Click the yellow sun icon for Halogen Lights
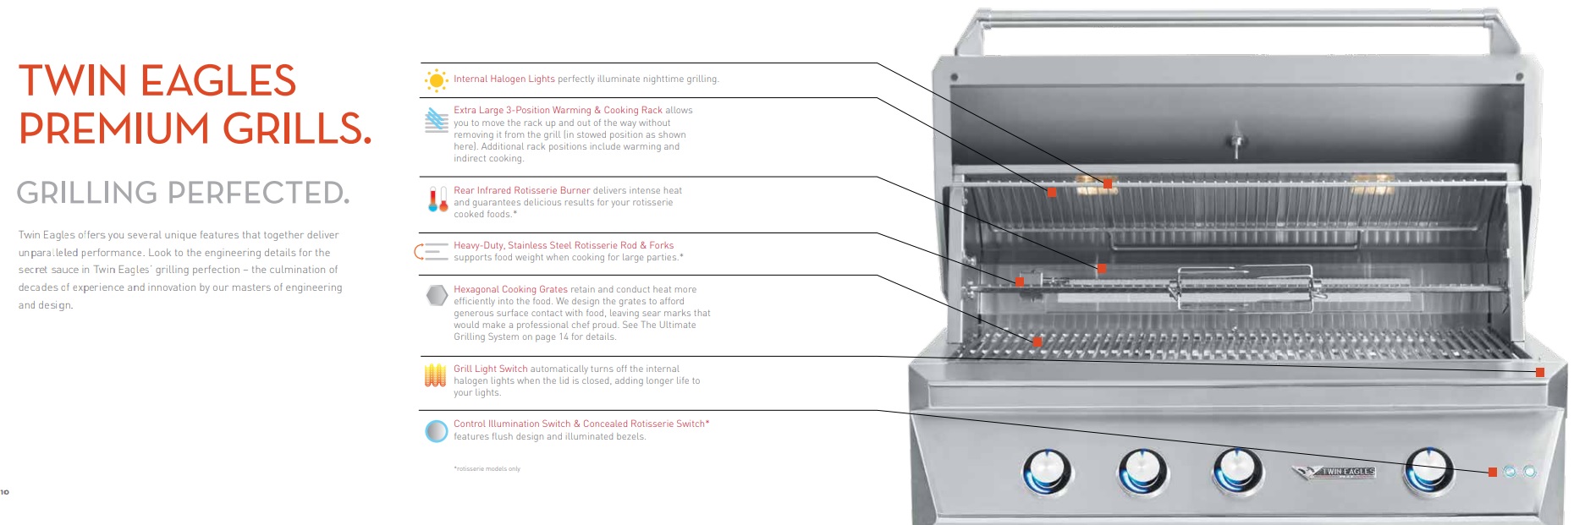click(x=436, y=80)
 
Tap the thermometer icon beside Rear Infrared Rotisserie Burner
click(x=438, y=200)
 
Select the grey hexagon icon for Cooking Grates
click(x=437, y=295)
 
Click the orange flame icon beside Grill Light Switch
click(x=435, y=375)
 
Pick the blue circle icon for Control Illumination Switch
click(x=437, y=431)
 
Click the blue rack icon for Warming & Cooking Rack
click(x=437, y=120)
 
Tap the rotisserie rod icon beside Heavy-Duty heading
click(x=432, y=251)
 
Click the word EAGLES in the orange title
click(x=217, y=81)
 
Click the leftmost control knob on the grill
click(x=1047, y=471)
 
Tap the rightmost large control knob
click(x=1428, y=471)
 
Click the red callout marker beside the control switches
click(x=1493, y=472)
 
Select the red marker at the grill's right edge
click(x=1540, y=372)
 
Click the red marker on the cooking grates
click(x=1037, y=342)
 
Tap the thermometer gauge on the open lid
click(x=1236, y=139)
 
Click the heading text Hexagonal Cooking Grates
click(x=510, y=289)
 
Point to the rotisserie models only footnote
click(x=487, y=468)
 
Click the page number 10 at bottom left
click(x=5, y=492)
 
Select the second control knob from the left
click(x=1142, y=471)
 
